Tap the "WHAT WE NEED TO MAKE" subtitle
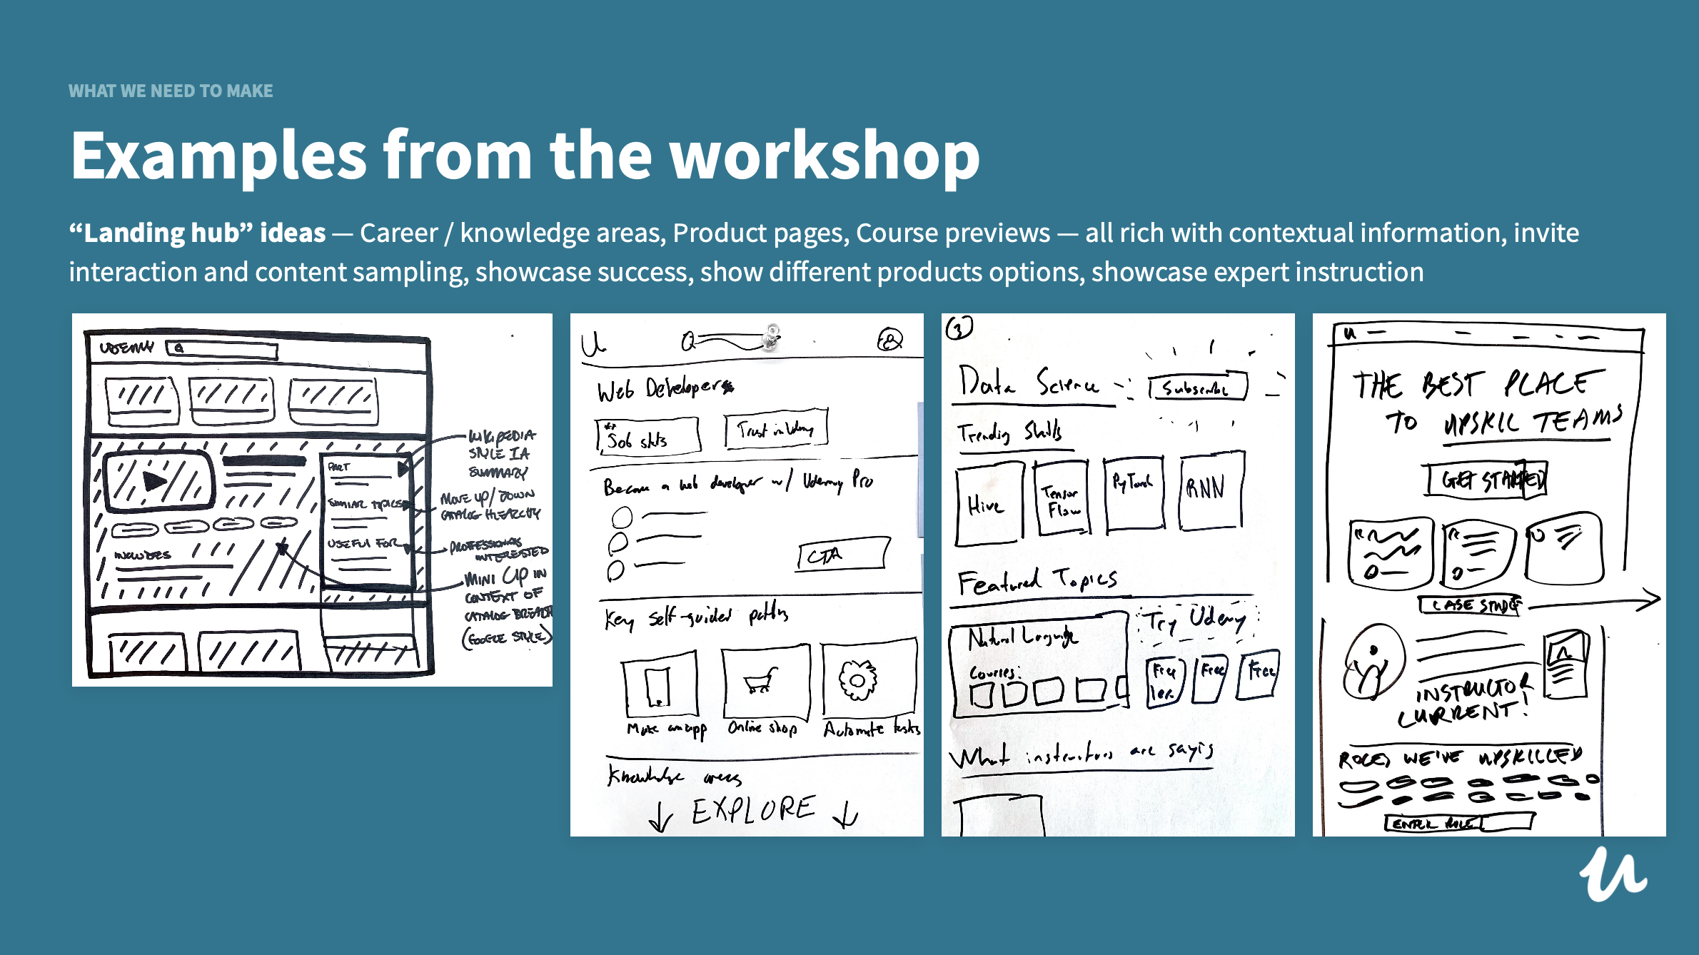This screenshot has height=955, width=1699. coord(171,91)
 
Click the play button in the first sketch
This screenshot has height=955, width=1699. coord(155,481)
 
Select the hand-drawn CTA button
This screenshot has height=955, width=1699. coord(842,555)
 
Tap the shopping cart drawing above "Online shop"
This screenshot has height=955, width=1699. coord(762,680)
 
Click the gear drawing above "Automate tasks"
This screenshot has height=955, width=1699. coord(857,679)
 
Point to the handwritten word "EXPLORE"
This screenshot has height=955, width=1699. coord(753,809)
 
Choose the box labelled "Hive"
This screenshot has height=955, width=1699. coord(988,503)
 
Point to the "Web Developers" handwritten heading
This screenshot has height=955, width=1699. coord(665,389)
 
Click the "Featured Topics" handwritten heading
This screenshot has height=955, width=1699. coord(1037,581)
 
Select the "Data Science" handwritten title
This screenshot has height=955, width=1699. coord(1028,384)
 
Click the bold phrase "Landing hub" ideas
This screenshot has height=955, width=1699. coord(197,233)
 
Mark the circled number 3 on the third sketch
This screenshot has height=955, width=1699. coord(959,328)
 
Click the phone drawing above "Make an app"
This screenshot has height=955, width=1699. coord(657,685)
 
